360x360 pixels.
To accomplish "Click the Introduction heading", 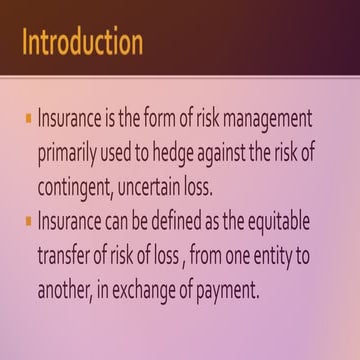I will (82, 43).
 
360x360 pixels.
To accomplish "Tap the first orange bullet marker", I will (29, 118).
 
